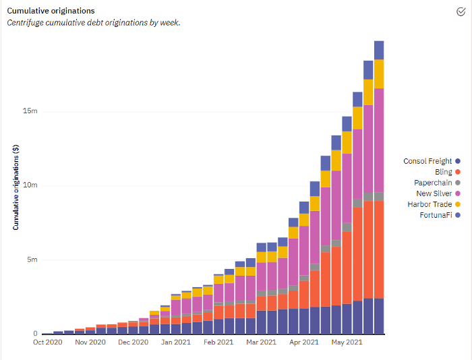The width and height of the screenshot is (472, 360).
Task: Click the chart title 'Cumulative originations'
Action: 51,11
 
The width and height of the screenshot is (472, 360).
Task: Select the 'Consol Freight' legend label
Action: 428,161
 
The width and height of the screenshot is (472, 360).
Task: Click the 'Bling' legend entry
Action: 443,172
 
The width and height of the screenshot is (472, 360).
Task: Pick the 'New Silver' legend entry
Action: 434,193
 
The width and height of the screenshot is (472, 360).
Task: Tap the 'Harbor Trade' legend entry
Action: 430,204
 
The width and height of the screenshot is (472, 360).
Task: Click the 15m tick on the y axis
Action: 30,111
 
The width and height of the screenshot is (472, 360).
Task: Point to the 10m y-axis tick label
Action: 30,185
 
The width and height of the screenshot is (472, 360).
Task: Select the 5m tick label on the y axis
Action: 32,260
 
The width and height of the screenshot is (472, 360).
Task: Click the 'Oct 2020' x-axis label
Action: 47,342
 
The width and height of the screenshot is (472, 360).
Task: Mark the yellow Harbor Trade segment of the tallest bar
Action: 379,74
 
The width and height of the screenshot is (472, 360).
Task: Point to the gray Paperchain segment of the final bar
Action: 379,197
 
